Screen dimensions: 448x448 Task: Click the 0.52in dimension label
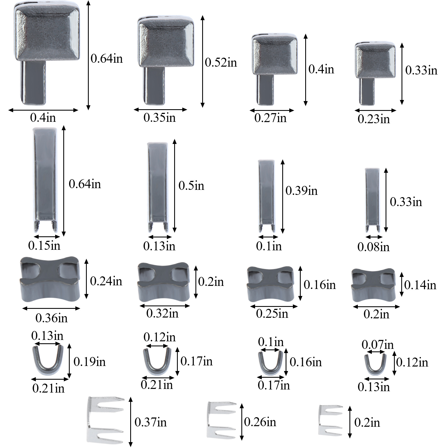(221, 62)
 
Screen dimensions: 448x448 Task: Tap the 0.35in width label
(160, 118)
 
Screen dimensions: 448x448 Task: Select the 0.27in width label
(270, 118)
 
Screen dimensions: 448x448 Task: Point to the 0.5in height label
(191, 186)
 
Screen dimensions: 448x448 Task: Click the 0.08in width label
(374, 247)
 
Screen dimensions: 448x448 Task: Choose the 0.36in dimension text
(52, 318)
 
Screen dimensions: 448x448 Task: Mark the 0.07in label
(378, 345)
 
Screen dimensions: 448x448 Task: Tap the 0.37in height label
(150, 422)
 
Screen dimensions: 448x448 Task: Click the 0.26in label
(260, 422)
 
